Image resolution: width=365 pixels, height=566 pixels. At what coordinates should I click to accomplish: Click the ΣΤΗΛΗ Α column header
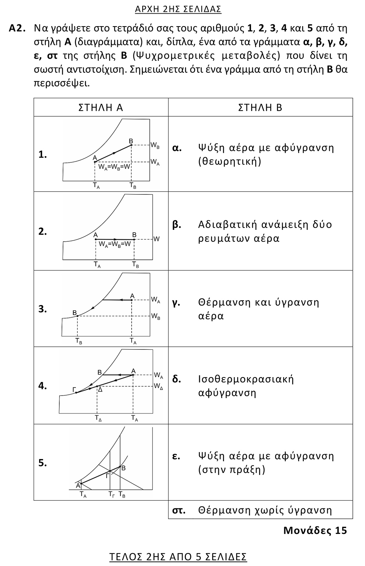tap(101, 107)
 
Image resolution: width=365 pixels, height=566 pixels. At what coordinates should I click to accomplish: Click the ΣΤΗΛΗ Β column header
tap(260, 107)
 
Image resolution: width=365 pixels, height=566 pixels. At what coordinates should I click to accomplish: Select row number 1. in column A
tap(43, 155)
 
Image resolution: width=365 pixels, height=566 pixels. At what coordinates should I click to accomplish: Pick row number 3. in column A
tap(43, 309)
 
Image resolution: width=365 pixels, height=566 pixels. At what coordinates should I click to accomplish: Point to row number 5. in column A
tap(43, 463)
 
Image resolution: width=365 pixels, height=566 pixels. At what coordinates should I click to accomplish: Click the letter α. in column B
tap(177, 148)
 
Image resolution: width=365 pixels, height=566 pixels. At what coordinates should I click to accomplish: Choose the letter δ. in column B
tap(177, 379)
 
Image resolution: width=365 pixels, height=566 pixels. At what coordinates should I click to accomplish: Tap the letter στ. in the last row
tap(179, 510)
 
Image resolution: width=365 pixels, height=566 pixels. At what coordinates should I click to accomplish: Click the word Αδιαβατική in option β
tap(227, 225)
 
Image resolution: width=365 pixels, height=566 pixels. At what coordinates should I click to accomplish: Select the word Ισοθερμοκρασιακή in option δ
tap(246, 379)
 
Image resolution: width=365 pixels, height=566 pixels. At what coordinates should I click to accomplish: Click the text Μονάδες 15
tap(315, 530)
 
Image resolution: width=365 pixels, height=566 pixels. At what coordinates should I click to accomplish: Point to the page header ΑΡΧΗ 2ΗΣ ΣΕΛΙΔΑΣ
tap(178, 9)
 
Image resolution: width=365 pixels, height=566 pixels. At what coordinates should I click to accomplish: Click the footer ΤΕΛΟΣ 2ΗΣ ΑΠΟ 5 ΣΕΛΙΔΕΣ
tap(178, 556)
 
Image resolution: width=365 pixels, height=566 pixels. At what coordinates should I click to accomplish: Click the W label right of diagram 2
tap(156, 239)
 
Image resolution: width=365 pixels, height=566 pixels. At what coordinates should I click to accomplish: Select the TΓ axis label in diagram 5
tap(111, 495)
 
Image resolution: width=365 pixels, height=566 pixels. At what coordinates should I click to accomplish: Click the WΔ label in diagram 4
tap(158, 387)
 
